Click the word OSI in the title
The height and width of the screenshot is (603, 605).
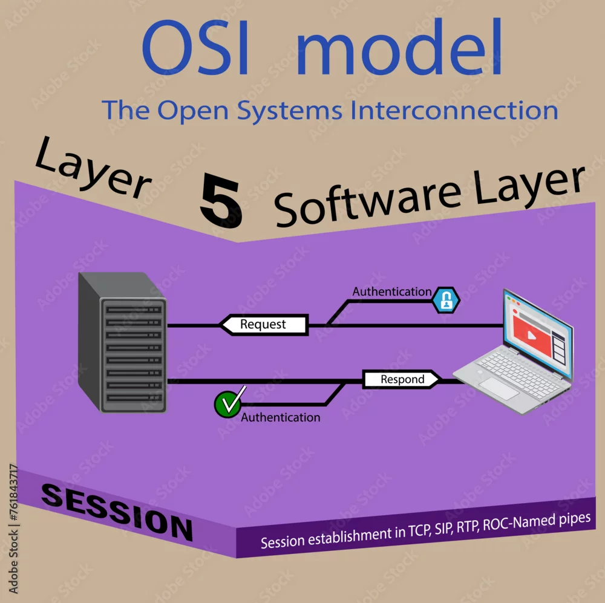195,47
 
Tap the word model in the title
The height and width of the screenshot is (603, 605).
400,46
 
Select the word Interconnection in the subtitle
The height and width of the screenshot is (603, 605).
454,110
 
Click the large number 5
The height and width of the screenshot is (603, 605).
221,200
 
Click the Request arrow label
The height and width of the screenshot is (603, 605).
264,324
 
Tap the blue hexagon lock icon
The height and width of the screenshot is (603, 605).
446,300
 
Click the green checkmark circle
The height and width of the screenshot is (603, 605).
227,404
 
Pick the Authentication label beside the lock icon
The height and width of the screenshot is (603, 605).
392,292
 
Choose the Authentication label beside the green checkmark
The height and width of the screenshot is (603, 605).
281,417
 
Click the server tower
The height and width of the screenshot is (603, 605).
122,342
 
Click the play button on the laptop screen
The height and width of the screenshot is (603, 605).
532,335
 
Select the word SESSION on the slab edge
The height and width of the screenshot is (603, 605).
117,512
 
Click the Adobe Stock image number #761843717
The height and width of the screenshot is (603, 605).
13,493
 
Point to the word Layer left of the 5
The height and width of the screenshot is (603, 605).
93,168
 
